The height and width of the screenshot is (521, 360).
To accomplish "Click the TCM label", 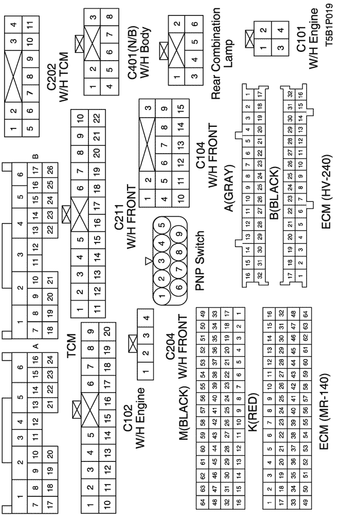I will tap(71, 345).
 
